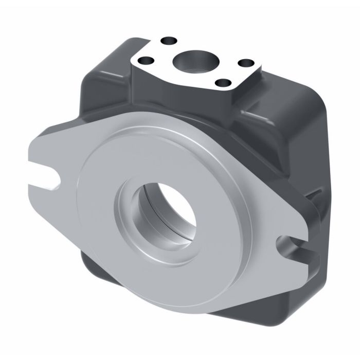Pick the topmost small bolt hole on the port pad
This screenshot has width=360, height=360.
tap(167, 40)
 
